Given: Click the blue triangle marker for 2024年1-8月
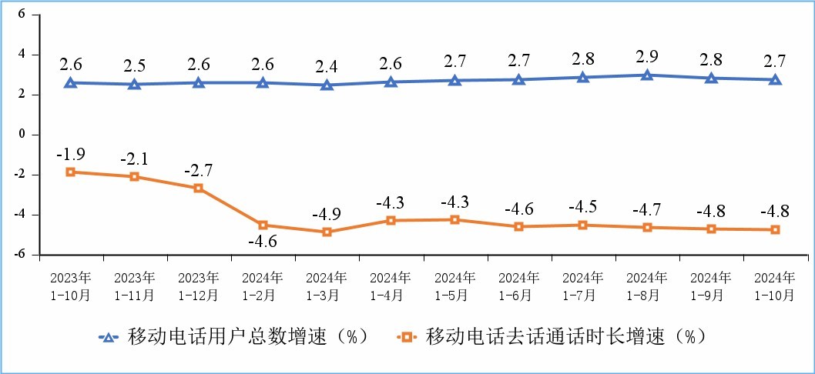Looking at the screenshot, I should coord(647,75).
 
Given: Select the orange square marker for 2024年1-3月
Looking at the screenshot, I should coord(327,232).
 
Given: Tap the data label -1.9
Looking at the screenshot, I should coord(70,152).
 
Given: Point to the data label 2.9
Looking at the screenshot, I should coord(647,56).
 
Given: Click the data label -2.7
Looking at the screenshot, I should coord(198,169).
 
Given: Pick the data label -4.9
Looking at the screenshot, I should coord(327,213).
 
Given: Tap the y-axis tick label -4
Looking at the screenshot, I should coord(19,214).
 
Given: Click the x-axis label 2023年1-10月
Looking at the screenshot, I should coord(70,285).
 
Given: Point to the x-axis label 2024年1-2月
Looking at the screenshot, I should coord(263,285).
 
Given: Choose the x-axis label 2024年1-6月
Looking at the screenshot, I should coord(519,285).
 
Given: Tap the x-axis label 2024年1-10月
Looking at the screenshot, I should coord(775,285).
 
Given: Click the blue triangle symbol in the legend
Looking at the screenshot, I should coord(109,336).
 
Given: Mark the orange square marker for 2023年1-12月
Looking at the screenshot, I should coord(198,188).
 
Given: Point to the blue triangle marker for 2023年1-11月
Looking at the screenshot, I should coord(134,84).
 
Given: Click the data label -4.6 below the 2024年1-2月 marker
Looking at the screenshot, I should coord(263,243).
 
